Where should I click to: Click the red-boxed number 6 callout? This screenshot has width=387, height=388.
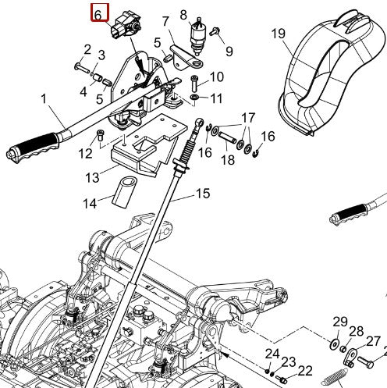tap(98, 14)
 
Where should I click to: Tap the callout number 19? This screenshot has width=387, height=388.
tap(279, 33)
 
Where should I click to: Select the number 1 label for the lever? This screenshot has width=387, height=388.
tap(44, 98)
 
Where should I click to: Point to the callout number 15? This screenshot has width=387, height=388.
tap(202, 193)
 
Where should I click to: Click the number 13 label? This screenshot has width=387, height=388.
tap(93, 177)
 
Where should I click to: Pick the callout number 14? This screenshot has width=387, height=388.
tap(91, 203)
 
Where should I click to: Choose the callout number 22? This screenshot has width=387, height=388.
tap(304, 370)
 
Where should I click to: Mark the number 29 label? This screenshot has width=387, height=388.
tap(339, 322)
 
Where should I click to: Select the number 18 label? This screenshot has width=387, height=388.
tap(228, 160)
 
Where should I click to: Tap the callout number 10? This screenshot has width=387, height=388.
tap(216, 77)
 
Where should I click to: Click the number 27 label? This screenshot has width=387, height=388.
tap(373, 341)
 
